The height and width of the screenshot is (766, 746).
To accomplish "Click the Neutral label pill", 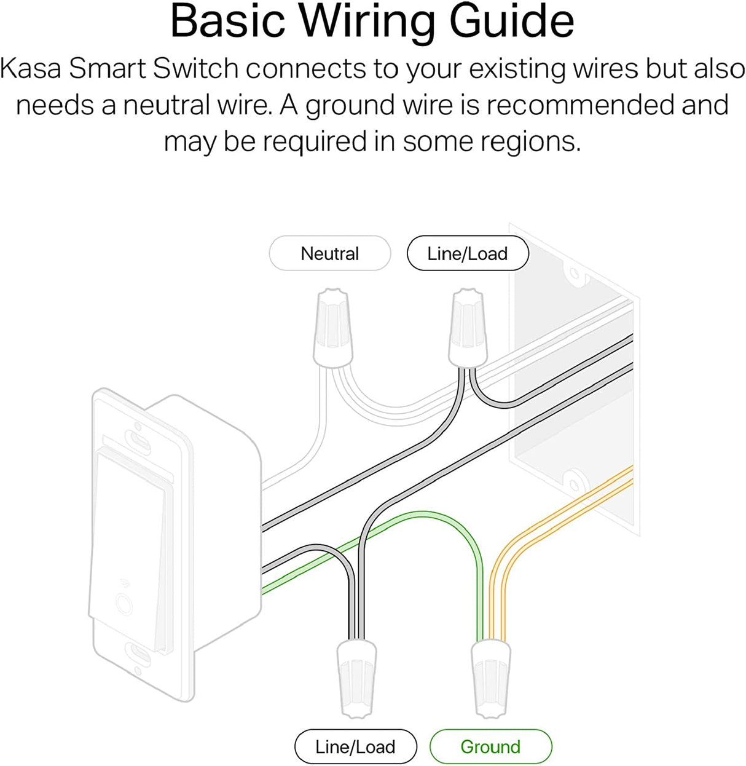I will (330, 253).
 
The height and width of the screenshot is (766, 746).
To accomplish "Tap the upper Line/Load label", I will (468, 253).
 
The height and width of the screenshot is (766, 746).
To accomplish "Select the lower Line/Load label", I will (355, 747).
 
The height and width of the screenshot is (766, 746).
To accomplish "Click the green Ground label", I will (490, 747).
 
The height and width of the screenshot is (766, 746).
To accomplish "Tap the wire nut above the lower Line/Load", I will (356, 676).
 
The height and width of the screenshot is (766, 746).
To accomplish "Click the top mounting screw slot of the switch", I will (138, 439).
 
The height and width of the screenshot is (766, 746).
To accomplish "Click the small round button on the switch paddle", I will (124, 604).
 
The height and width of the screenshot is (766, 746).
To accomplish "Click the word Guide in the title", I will (512, 22).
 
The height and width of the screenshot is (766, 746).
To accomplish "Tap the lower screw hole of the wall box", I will (573, 477).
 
